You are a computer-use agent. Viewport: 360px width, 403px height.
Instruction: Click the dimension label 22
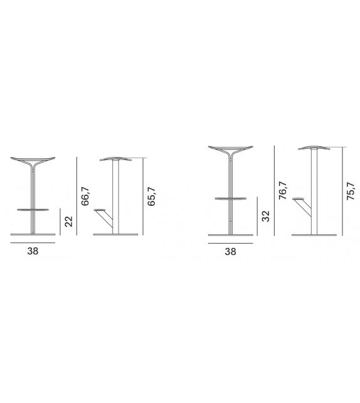click(x=68, y=221)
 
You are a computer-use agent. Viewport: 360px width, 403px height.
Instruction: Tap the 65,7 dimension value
click(x=151, y=195)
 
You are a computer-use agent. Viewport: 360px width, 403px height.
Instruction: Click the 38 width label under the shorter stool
click(x=33, y=251)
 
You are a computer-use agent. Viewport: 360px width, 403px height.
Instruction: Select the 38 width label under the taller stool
click(x=231, y=251)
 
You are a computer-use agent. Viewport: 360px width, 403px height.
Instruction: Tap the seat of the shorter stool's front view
click(x=33, y=159)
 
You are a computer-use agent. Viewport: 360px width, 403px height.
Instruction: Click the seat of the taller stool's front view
click(x=231, y=149)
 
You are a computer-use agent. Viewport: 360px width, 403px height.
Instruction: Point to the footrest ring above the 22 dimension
click(x=33, y=210)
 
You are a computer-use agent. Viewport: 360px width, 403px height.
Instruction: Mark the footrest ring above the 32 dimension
click(x=231, y=199)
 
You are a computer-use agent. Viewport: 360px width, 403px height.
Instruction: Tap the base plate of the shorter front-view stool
click(x=33, y=235)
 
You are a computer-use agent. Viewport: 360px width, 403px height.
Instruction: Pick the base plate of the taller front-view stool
click(x=231, y=235)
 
